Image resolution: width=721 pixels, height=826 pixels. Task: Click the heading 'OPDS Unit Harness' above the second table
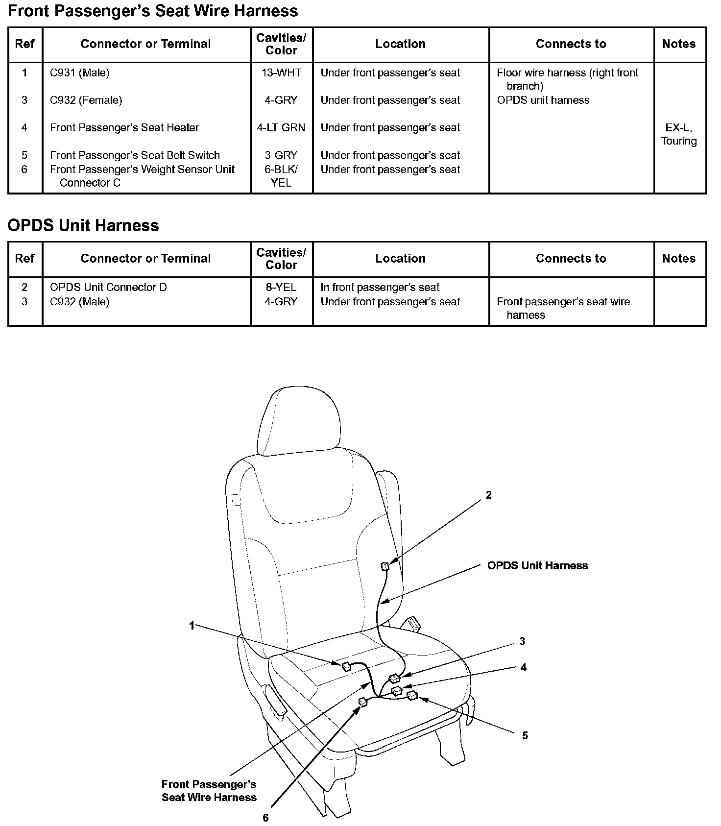coord(83,225)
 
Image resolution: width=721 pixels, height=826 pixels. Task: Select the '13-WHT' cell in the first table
coord(281,73)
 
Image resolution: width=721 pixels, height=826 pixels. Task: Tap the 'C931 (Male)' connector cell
coord(80,73)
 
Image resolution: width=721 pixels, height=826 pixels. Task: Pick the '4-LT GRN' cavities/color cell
coord(281,128)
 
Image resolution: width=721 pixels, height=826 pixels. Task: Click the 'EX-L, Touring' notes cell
coord(678,134)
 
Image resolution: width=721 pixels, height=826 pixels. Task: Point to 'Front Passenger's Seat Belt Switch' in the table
coord(135,155)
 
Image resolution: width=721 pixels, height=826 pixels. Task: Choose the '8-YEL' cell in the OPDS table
coord(281,287)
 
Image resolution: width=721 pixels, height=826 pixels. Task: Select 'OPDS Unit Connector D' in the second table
coord(108,287)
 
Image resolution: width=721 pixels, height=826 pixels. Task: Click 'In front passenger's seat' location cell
coord(380,287)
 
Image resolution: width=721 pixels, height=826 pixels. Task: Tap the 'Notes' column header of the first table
coord(678,44)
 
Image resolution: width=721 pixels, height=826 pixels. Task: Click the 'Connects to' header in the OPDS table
coord(571,259)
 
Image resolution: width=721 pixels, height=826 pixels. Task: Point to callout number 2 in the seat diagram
coord(488,495)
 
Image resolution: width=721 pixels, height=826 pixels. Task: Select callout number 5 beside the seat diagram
coord(525,735)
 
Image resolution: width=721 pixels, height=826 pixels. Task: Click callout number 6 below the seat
coord(265,818)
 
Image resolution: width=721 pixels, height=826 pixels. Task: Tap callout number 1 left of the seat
coord(192,625)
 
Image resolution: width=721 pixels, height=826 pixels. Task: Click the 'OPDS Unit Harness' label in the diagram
coord(537,565)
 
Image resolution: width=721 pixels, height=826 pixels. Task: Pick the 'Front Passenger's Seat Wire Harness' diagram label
coord(209,791)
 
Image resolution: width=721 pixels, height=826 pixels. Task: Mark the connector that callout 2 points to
coord(385,567)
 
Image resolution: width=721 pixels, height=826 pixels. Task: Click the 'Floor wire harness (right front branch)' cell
coord(567,79)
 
